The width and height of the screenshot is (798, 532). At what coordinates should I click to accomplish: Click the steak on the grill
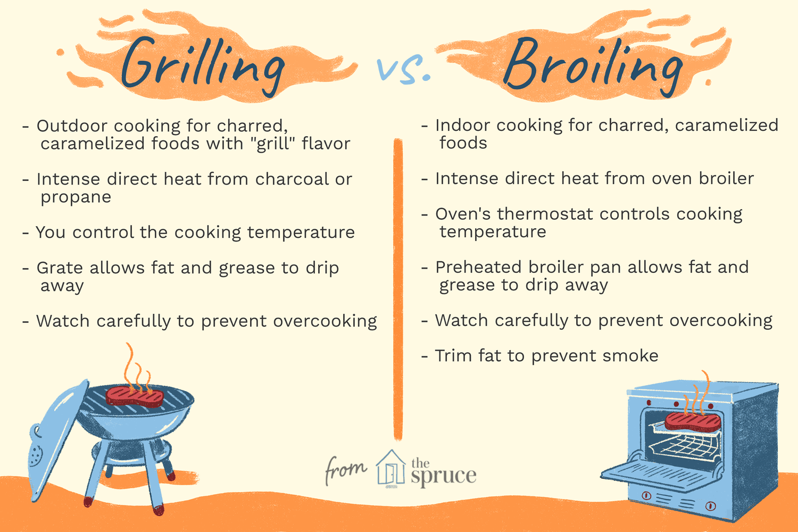(135, 396)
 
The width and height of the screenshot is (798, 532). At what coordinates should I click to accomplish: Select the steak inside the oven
(693, 421)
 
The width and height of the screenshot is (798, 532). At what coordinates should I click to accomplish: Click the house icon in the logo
(391, 468)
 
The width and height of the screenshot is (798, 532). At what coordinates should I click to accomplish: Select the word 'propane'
(76, 197)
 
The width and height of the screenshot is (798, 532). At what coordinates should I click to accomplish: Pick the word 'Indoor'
(461, 126)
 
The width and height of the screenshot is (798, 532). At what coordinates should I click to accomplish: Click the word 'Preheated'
(483, 267)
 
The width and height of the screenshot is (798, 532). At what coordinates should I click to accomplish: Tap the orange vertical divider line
(398, 287)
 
